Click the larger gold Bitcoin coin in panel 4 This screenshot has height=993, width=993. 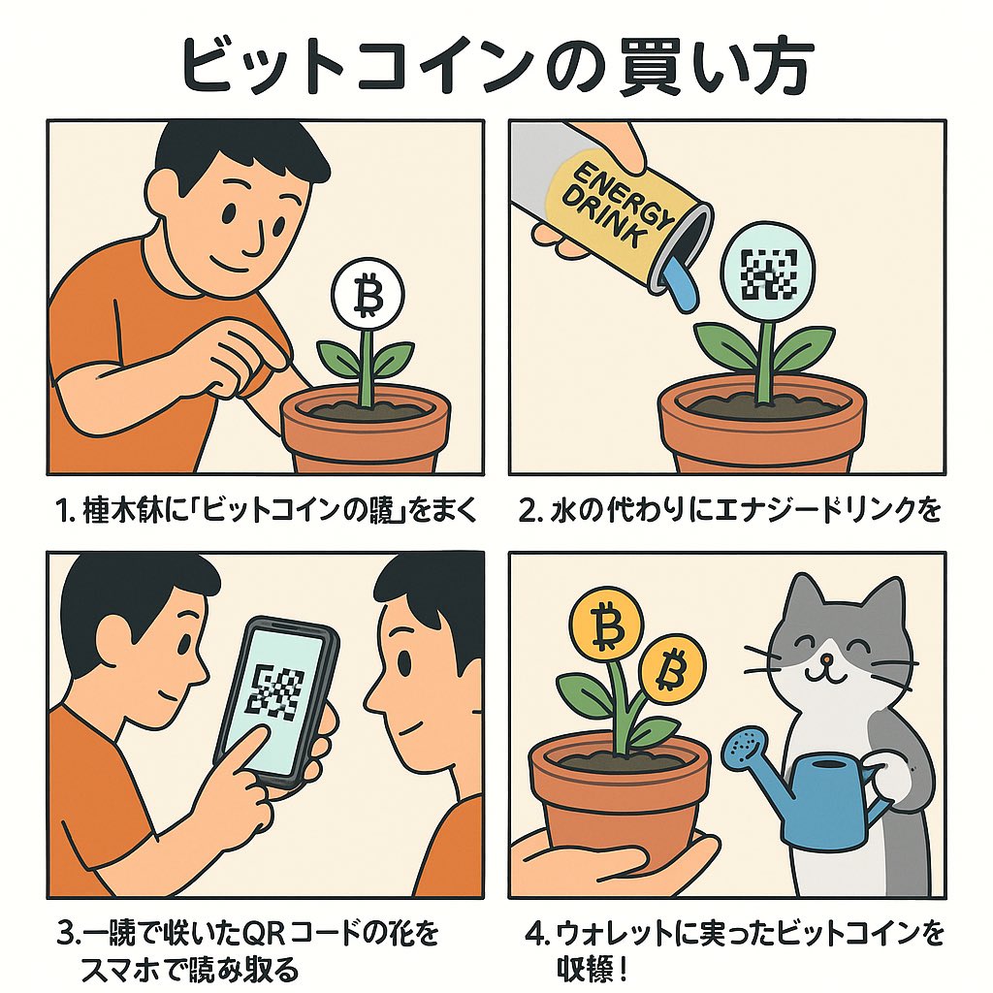(609, 629)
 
